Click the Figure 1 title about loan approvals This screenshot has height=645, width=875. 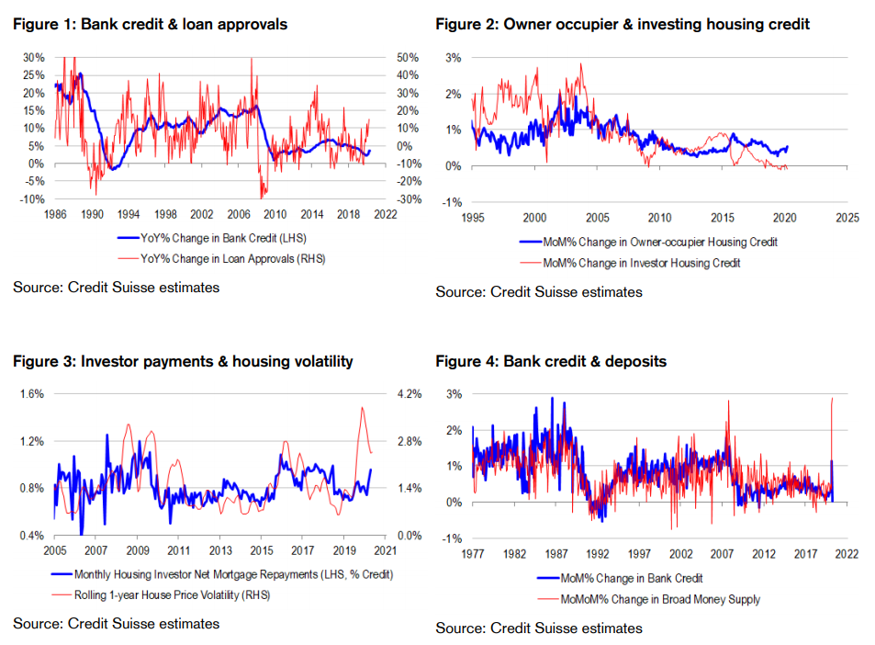tap(150, 25)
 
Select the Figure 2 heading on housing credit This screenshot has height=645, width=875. tap(623, 25)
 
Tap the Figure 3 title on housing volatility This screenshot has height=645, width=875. tap(183, 361)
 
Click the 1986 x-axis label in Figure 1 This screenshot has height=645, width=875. tap(54, 214)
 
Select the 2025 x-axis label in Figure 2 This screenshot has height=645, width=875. tap(847, 218)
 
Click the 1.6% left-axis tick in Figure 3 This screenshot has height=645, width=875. tap(31, 393)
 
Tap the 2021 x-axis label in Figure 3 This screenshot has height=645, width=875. tap(384, 550)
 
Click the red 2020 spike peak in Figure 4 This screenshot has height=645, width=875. tap(832, 398)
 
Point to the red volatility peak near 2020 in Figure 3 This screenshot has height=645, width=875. tap(362, 407)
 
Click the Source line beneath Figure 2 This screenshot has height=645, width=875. tap(539, 292)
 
